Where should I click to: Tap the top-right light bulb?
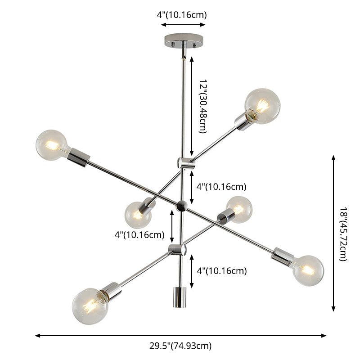[262, 106]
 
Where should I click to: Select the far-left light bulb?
[51, 145]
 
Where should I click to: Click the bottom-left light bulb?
[90, 306]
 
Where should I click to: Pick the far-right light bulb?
[308, 270]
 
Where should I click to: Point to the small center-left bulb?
[137, 215]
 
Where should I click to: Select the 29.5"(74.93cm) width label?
[180, 346]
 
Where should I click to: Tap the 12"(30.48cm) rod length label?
[202, 107]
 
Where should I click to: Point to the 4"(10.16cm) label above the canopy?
[182, 14]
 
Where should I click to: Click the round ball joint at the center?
[181, 206]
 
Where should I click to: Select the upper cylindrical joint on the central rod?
[185, 163]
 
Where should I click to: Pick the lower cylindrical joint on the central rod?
[177, 249]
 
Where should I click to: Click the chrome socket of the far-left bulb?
[78, 157]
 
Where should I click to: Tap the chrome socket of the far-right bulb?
[283, 256]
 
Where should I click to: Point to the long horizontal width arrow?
[180, 335]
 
